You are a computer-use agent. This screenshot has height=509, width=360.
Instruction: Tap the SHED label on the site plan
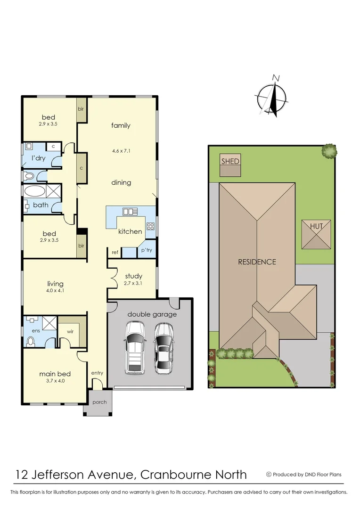tap(230, 161)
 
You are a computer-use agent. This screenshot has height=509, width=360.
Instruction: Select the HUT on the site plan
tap(316, 227)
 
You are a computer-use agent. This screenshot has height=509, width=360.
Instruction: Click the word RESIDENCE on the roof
tap(257, 262)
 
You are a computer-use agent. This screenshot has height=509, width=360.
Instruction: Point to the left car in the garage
tap(134, 347)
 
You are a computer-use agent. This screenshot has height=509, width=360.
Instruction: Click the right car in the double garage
tap(164, 347)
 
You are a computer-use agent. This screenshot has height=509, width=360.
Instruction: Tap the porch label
tap(99, 402)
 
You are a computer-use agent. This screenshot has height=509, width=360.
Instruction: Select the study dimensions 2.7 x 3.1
tap(133, 284)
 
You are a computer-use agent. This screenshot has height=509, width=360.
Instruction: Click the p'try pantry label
tap(147, 250)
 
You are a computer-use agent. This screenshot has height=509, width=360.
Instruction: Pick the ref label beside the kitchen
tap(115, 252)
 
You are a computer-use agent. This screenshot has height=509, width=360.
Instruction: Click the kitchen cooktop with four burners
tap(151, 226)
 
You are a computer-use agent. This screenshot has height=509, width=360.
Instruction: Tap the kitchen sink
tap(130, 212)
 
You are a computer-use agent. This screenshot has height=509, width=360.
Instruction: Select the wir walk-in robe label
tap(70, 331)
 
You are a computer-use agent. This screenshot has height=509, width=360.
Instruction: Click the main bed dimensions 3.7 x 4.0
tap(55, 381)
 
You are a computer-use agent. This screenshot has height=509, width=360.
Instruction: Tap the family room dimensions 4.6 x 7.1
tap(121, 151)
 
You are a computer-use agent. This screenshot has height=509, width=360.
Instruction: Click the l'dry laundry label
tap(39, 158)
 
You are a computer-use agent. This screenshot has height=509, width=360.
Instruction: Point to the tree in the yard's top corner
tap(329, 151)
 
